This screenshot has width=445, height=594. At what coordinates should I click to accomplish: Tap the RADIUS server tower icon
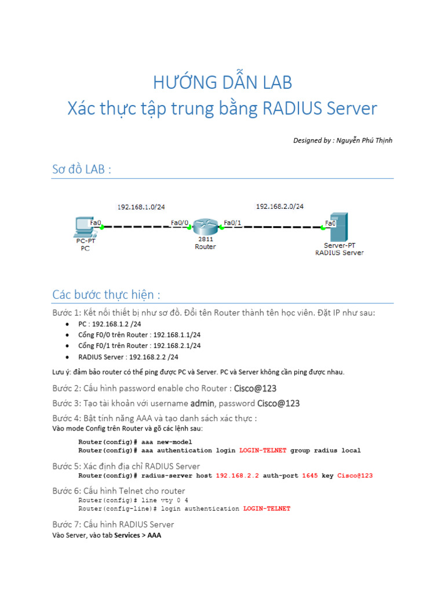click(x=340, y=227)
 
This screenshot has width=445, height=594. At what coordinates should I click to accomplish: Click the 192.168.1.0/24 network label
click(x=141, y=207)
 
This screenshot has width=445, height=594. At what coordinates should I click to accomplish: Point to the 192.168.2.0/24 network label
click(x=280, y=206)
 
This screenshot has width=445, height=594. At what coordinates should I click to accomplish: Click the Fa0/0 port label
click(x=179, y=222)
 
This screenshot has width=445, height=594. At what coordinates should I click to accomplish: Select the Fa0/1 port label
click(x=232, y=222)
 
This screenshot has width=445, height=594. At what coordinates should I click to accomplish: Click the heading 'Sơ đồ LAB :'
click(x=81, y=169)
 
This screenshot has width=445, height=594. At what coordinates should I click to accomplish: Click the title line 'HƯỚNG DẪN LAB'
click(x=222, y=83)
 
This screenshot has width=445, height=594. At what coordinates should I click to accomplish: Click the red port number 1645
click(x=310, y=476)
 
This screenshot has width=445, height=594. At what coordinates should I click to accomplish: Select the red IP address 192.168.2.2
click(x=237, y=476)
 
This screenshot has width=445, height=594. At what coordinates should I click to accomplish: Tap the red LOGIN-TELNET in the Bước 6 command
click(x=267, y=509)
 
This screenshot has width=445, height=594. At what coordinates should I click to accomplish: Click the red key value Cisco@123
click(x=355, y=476)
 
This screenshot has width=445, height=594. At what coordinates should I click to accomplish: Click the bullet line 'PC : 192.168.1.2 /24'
click(x=110, y=324)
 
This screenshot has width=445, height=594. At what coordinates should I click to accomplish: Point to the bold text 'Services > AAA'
click(x=138, y=535)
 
